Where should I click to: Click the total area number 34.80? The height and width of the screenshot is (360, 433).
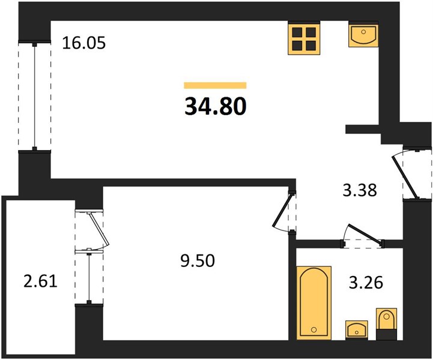(215, 106)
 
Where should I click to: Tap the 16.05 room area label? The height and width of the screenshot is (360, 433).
(83, 43)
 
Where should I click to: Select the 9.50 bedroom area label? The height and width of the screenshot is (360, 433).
(198, 260)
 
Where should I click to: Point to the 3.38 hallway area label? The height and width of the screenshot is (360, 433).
(360, 190)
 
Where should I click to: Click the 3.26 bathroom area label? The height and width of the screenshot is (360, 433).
(366, 283)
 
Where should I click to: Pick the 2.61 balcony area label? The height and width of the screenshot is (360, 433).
(41, 281)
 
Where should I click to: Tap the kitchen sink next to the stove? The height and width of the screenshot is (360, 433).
(363, 34)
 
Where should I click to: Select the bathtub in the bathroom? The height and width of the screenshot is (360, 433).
(314, 303)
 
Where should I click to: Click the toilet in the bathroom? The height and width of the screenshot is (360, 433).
(387, 324)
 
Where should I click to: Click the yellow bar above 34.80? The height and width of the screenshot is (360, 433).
(215, 85)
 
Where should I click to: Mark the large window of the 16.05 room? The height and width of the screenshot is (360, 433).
(34, 96)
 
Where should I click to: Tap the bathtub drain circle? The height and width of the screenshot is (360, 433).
(313, 329)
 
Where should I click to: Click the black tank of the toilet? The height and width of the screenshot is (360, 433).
(387, 334)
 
